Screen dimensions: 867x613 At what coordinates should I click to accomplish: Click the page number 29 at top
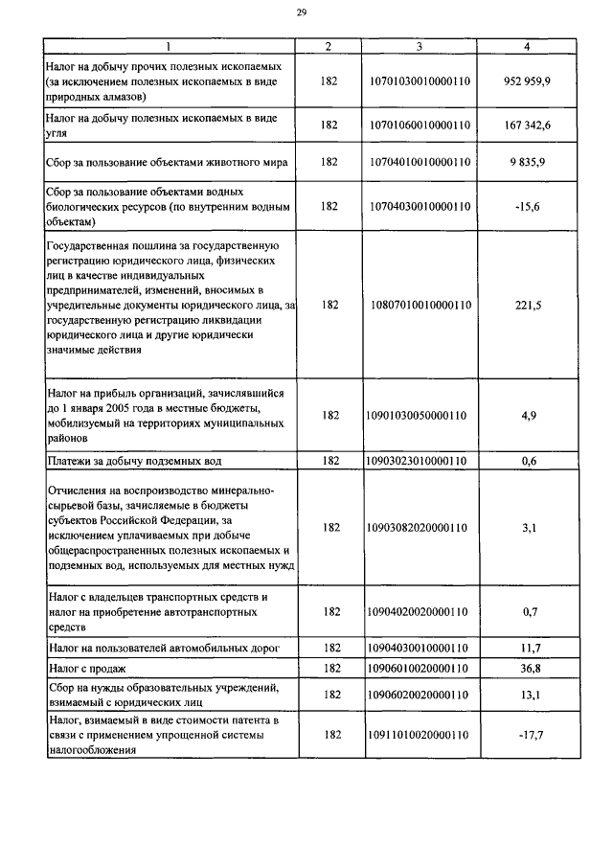point(302,12)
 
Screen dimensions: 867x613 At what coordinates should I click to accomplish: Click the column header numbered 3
point(419,46)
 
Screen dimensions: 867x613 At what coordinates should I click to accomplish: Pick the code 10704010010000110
point(419,162)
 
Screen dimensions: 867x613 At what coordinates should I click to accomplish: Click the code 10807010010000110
point(419,305)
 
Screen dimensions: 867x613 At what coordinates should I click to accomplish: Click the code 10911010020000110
point(419,735)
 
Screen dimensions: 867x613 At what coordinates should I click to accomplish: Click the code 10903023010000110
point(419,461)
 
